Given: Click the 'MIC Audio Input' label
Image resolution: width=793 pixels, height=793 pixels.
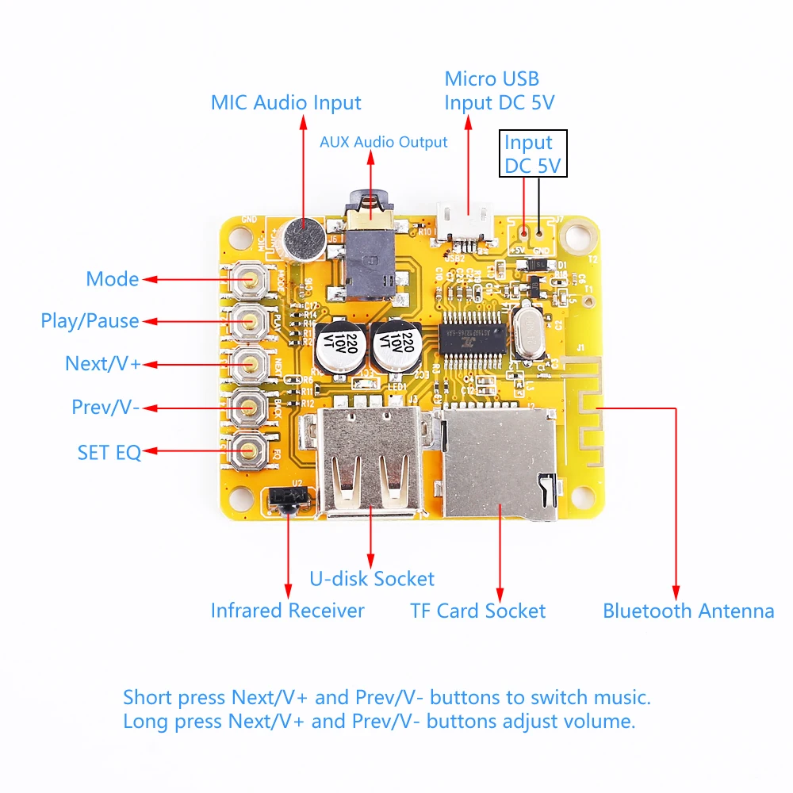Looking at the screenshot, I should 285,103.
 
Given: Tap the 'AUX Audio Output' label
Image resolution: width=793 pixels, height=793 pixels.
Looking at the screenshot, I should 383,143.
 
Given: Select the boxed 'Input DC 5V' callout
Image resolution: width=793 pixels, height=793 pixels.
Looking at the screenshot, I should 532,154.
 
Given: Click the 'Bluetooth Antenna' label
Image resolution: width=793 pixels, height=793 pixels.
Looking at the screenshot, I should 688,611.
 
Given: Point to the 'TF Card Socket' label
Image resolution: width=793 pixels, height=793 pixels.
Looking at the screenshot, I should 477,611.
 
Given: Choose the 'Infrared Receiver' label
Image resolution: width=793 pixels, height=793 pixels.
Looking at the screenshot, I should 287,611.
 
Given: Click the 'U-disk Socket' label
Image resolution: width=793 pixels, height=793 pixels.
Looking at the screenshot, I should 372,579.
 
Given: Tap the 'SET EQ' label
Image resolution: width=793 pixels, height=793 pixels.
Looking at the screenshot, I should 109,453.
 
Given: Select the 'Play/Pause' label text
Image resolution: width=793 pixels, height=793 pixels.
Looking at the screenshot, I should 90,321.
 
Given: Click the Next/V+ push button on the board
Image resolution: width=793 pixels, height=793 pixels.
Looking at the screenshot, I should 251,364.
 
